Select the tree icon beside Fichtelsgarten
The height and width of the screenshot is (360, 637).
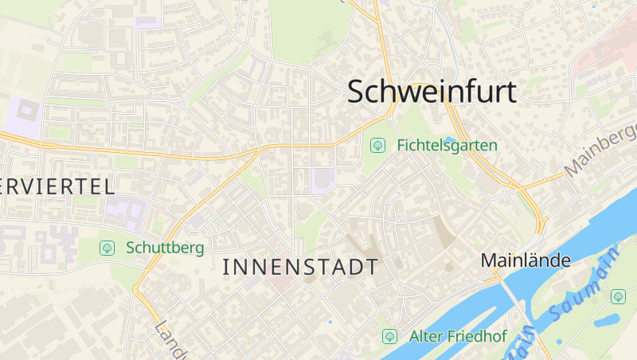click(377, 146)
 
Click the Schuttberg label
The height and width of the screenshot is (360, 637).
click(164, 248)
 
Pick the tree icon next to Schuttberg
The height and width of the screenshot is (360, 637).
click(106, 248)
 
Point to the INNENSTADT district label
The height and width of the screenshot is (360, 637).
click(300, 267)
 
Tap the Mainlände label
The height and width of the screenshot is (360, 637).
click(526, 260)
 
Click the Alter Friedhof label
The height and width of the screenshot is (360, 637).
click(457, 336)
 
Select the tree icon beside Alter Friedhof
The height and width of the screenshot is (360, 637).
click(389, 336)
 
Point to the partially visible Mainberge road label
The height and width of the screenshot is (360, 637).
click(601, 151)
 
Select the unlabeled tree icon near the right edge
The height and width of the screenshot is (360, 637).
click(618, 296)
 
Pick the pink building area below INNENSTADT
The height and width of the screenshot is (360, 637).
click(279, 280)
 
